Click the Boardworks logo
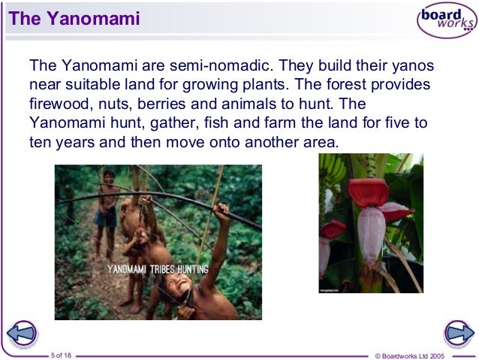(446, 20)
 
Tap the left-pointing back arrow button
(22, 332)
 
